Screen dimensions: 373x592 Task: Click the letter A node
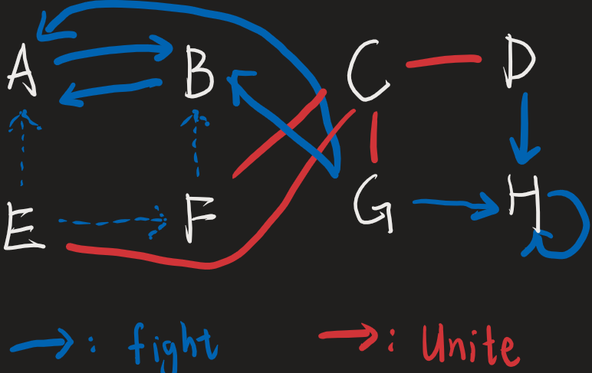23,70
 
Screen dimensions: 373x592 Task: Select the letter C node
367,73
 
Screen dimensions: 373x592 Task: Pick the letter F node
199,220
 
